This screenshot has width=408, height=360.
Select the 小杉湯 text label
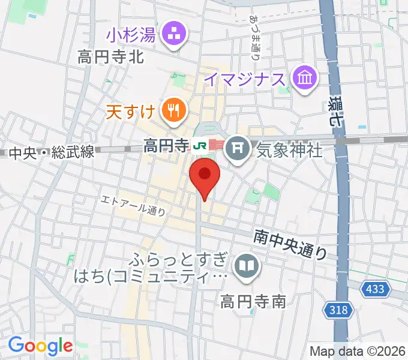click(x=131, y=35)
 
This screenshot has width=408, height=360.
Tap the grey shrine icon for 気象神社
click(x=238, y=145)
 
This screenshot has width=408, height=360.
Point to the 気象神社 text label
click(x=289, y=149)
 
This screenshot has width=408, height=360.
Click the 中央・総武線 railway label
click(x=51, y=153)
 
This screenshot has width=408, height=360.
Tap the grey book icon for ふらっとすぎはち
click(x=245, y=264)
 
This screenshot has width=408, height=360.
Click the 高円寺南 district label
click(x=252, y=300)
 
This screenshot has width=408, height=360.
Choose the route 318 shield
click(x=339, y=310)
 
